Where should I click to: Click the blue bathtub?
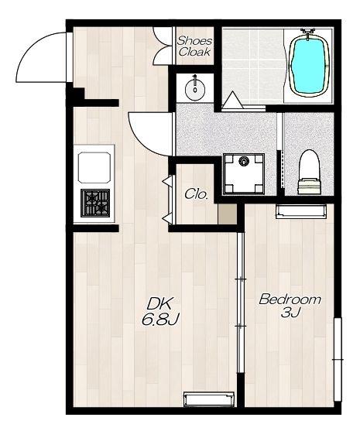coord(309,65)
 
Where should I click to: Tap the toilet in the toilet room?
coord(310,172)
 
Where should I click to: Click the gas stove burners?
coord(95,203)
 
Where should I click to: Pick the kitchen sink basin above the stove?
coord(94,168)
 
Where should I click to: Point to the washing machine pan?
coord(243,174)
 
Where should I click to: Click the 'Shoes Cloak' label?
coord(194,46)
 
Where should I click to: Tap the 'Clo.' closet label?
coord(196,194)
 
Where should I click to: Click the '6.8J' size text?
coord(160,320)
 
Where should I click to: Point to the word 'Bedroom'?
coord(290,299)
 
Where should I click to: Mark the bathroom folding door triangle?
coord(233,100)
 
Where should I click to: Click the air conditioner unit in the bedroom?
coord(301,211)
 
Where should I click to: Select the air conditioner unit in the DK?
coord(209,399)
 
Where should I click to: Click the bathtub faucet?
coord(308,32)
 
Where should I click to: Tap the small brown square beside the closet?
coord(227,214)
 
